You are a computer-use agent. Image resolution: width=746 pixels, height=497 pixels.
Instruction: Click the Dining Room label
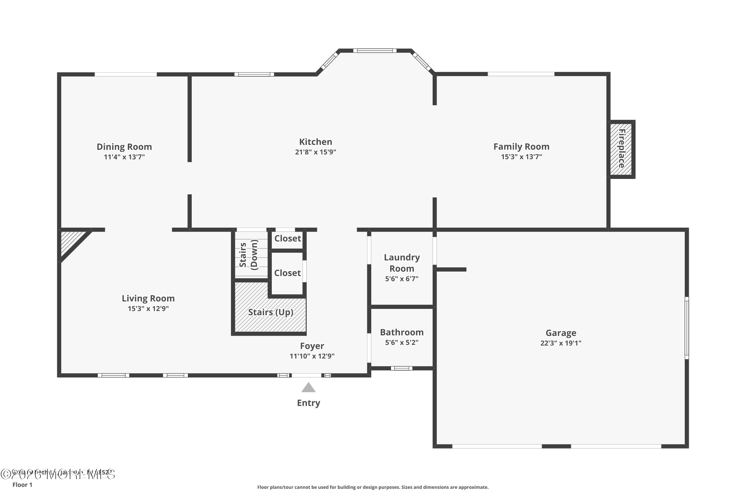[124, 147]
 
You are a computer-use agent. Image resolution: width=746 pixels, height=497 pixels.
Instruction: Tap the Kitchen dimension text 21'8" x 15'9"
[315, 152]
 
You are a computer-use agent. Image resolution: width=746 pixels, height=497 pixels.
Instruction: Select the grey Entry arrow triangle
[308, 388]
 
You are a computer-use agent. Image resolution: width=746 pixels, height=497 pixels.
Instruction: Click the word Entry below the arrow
[308, 403]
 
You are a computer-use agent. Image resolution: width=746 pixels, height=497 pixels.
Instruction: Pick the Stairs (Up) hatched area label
[270, 312]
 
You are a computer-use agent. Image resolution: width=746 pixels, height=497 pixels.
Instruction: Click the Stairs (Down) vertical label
[248, 255]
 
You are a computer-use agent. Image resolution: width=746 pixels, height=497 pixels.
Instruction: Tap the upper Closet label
[287, 238]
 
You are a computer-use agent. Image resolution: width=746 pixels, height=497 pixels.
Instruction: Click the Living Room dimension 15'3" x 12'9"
[148, 309]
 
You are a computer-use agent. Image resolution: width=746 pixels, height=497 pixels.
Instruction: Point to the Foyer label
[312, 346]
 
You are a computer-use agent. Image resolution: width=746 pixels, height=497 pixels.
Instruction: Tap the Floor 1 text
[22, 485]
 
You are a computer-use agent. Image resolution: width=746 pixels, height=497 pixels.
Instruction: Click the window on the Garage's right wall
[686, 328]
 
